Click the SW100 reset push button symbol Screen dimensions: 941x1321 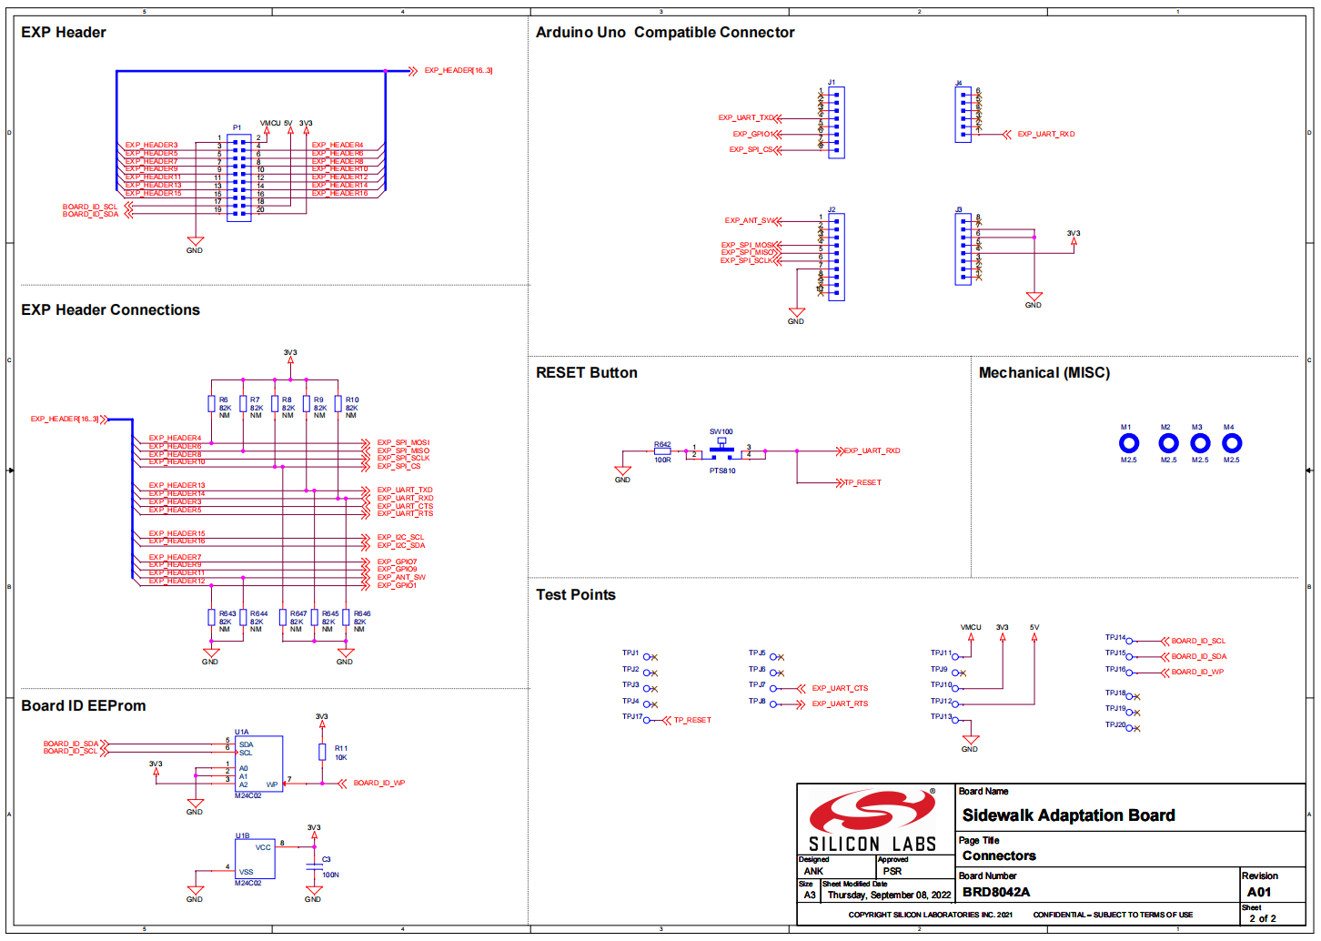tap(721, 449)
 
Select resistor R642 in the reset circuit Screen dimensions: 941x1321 tap(662, 451)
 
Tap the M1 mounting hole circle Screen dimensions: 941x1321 tap(1128, 443)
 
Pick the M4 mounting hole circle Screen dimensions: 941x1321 tap(1231, 443)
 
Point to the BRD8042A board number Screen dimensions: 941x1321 tap(996, 892)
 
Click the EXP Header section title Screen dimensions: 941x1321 tap(64, 33)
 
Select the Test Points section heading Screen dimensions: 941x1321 tap(576, 595)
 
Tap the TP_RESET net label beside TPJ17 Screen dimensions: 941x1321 tap(692, 720)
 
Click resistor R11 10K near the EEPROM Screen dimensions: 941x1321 tap(322, 752)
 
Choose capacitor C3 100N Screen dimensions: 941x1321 tap(314, 865)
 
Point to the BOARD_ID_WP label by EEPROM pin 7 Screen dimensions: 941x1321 tap(379, 783)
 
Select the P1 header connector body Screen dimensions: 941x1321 tap(239, 177)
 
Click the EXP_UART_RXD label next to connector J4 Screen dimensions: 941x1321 tap(1045, 135)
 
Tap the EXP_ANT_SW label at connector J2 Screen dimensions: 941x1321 tap(750, 221)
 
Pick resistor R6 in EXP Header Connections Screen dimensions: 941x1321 tap(212, 404)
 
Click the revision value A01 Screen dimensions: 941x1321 tap(1259, 892)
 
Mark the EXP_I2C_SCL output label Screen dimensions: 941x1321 tap(400, 538)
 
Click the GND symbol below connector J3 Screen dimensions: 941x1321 tap(1034, 298)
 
